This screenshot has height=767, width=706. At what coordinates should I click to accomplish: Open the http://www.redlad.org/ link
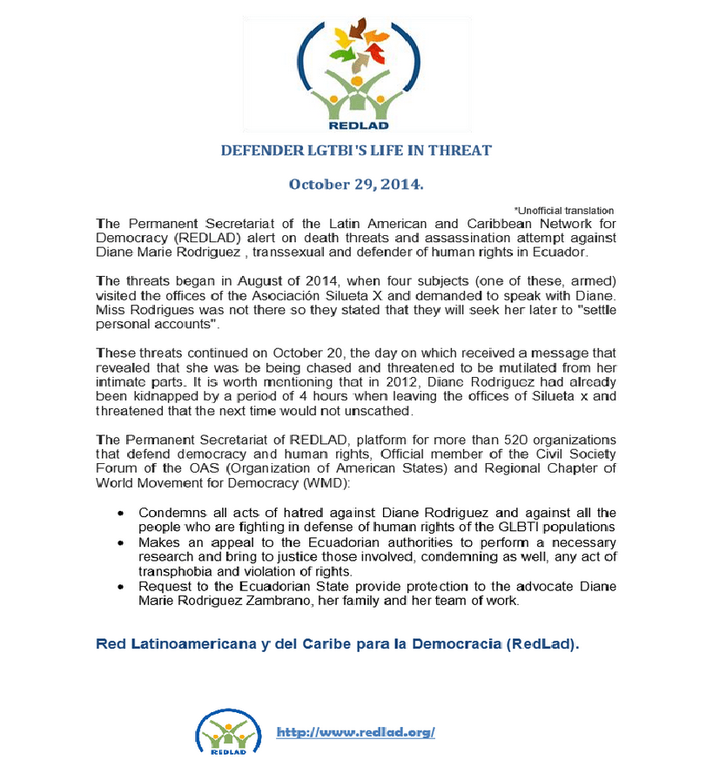355,733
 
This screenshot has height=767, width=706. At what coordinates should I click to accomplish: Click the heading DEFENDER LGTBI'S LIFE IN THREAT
356,151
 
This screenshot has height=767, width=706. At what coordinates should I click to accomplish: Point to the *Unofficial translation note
564,210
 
